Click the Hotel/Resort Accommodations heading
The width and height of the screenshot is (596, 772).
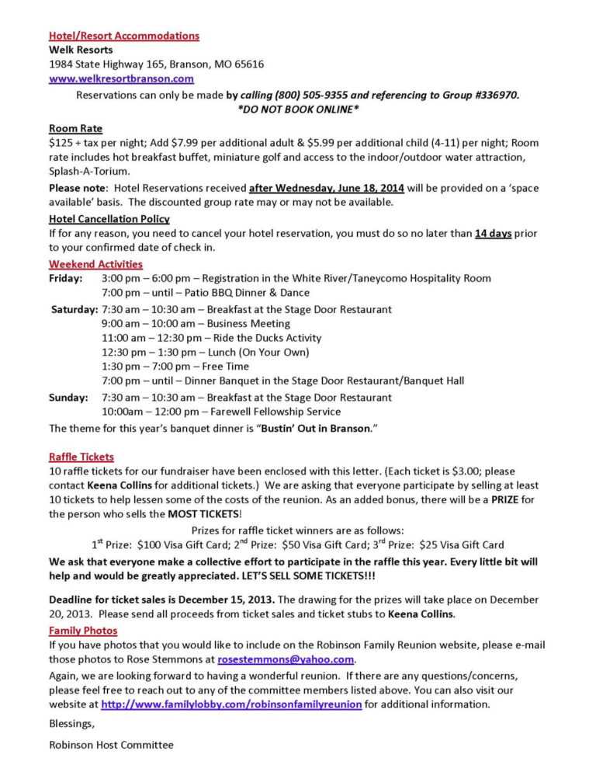tap(124, 36)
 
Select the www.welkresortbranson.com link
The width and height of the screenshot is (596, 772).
tap(121, 78)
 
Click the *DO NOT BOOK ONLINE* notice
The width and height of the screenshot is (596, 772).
tap(298, 110)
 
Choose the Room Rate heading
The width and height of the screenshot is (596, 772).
tap(75, 128)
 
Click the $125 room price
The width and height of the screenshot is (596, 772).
tap(60, 143)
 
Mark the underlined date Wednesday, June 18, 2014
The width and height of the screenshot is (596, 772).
tap(327, 188)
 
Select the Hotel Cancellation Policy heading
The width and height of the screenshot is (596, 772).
tap(109, 219)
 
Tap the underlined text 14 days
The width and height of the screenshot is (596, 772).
tap(493, 234)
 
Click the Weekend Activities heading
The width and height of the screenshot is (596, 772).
tap(95, 264)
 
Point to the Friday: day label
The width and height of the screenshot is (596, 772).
tap(65, 278)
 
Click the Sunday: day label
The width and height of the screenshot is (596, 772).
tap(68, 397)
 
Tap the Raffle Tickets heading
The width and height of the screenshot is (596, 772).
tap(81, 457)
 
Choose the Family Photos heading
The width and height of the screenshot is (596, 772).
tap(83, 630)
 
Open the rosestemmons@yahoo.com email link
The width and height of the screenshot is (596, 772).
tap(286, 659)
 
